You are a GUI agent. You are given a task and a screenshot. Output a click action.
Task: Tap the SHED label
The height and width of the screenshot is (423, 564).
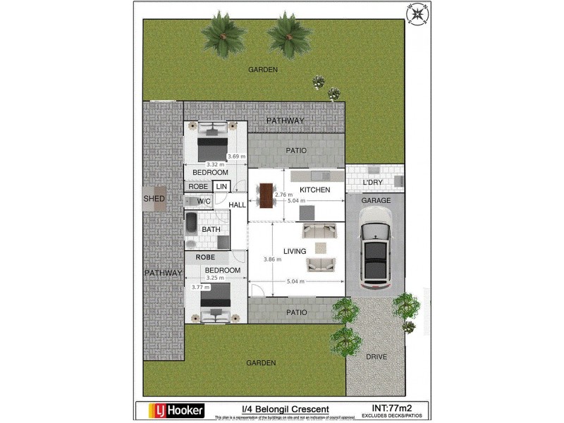click(x=154, y=199)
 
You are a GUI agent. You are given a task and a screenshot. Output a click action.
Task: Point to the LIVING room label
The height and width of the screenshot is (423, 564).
click(x=294, y=251)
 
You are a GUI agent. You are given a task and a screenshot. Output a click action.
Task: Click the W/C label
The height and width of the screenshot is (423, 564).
click(x=204, y=202)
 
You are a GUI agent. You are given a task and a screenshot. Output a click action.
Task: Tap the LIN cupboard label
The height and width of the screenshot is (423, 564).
click(x=221, y=186)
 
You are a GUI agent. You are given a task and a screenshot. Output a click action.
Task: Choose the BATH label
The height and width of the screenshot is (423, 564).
click(x=211, y=229)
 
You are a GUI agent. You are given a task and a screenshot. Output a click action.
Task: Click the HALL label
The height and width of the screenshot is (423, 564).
click(x=238, y=204)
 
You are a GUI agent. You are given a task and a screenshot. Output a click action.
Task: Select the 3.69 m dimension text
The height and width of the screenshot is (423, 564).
click(x=236, y=157)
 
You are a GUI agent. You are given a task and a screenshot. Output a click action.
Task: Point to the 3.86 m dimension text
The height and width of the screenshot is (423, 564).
click(x=272, y=259)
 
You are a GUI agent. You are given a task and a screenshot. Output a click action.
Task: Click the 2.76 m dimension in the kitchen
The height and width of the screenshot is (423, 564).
click(x=283, y=195)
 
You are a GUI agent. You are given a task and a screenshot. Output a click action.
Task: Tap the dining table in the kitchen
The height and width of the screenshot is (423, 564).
click(x=265, y=195)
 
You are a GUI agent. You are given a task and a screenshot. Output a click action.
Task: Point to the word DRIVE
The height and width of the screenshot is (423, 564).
click(x=376, y=357)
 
